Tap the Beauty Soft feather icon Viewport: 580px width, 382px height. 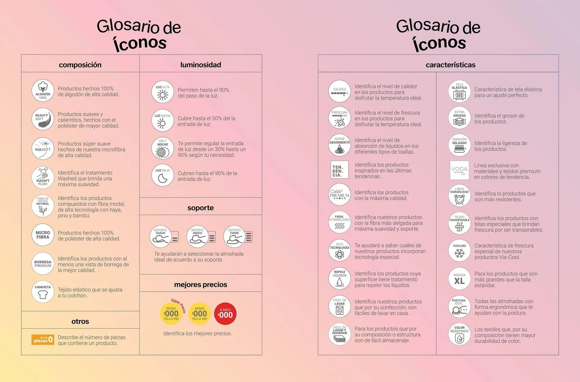[x=43, y=119]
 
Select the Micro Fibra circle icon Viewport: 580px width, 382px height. [x=43, y=235]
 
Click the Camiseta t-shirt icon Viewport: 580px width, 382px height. [x=43, y=292]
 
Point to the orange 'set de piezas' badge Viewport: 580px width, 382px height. [x=43, y=340]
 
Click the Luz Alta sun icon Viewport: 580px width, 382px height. [x=163, y=92]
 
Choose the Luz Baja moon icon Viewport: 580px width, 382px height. [x=163, y=175]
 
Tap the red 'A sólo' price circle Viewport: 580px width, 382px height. [x=225, y=314]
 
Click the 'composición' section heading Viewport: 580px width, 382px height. [x=80, y=65]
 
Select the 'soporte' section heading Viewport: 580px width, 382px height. [x=201, y=208]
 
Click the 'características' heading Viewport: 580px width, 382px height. [x=450, y=65]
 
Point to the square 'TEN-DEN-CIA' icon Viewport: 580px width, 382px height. [x=339, y=170]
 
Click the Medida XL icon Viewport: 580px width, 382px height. [x=459, y=279]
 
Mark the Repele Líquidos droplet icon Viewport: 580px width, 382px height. [x=340, y=278]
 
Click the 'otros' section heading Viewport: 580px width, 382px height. [x=80, y=321]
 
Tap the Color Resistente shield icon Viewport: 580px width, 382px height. [x=459, y=334]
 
